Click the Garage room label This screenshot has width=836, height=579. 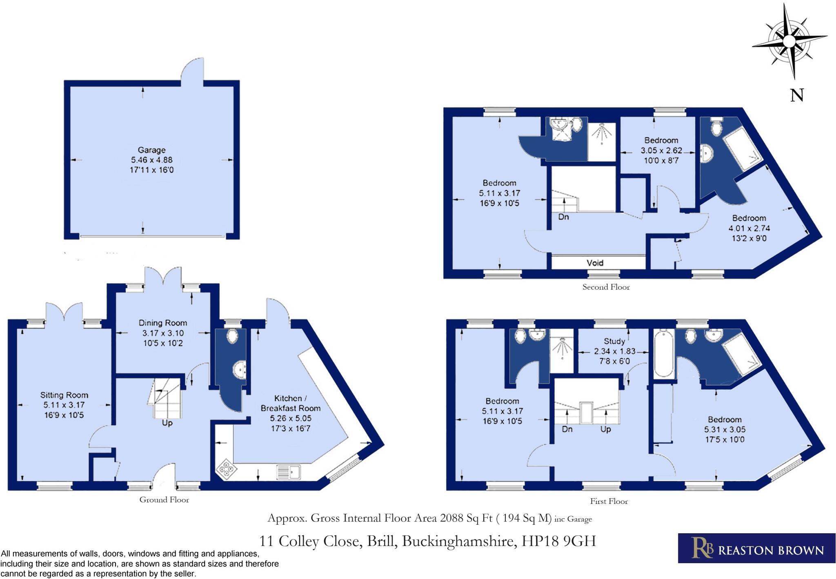point(151,150)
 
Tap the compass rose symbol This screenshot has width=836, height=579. point(789,41)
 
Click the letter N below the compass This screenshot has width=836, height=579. point(797,95)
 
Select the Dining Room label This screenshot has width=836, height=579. point(162,323)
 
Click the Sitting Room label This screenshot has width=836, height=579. point(64,395)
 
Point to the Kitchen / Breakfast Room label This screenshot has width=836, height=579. point(290,403)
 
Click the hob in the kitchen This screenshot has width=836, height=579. point(227,470)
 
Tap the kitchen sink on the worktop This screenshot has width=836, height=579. point(289,472)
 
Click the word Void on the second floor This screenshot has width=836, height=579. point(595,263)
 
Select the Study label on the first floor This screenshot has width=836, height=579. point(614,341)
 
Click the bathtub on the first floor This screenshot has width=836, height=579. point(664,354)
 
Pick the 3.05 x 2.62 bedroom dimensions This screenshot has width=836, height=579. point(661,151)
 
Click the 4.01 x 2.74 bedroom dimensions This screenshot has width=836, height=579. point(749,228)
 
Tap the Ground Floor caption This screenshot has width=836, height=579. point(164,500)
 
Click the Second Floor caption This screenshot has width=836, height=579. point(606,287)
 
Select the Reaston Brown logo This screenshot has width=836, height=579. point(756,548)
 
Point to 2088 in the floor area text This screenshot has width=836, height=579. point(451,518)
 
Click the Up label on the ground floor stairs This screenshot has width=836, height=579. point(167,423)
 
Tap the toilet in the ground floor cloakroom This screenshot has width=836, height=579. point(232,336)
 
